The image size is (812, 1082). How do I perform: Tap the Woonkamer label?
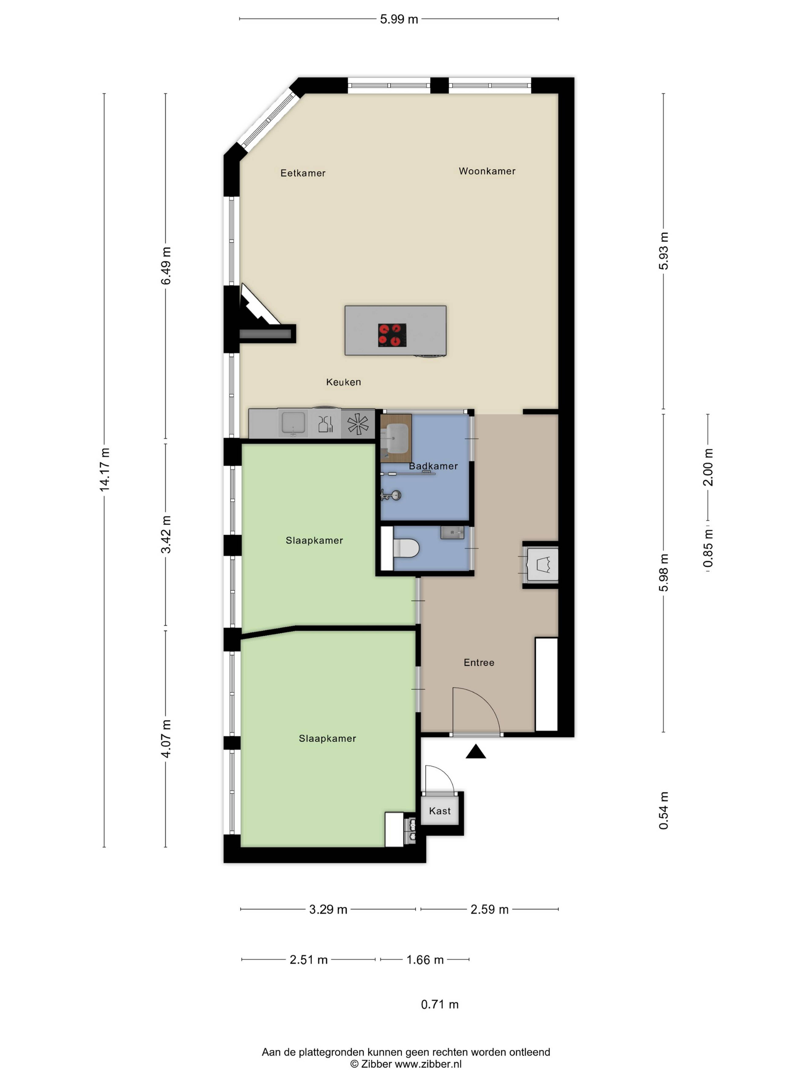(487, 171)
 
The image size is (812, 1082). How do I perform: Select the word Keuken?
(344, 382)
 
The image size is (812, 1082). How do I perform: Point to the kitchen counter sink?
(293, 423)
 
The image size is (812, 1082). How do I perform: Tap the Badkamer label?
(433, 466)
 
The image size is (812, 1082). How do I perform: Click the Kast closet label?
(440, 811)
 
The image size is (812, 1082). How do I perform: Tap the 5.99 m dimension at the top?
(399, 19)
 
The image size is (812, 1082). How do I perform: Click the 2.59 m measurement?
(490, 909)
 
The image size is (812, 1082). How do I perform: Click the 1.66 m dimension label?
(425, 960)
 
